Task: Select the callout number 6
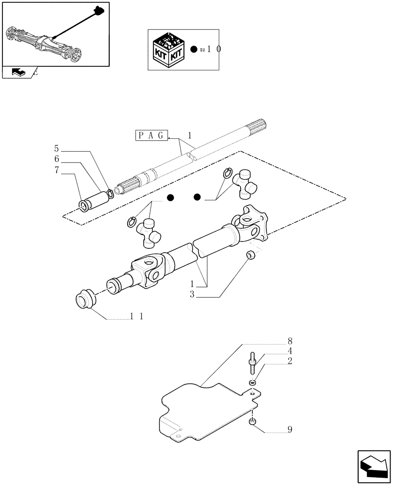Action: (x=56, y=159)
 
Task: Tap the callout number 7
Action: (x=56, y=170)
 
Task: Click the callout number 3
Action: (x=192, y=294)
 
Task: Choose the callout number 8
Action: (x=290, y=340)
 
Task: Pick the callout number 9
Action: (x=290, y=429)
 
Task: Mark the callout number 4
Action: (x=290, y=351)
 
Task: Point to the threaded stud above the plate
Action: (x=253, y=364)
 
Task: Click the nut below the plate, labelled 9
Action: (x=253, y=423)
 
